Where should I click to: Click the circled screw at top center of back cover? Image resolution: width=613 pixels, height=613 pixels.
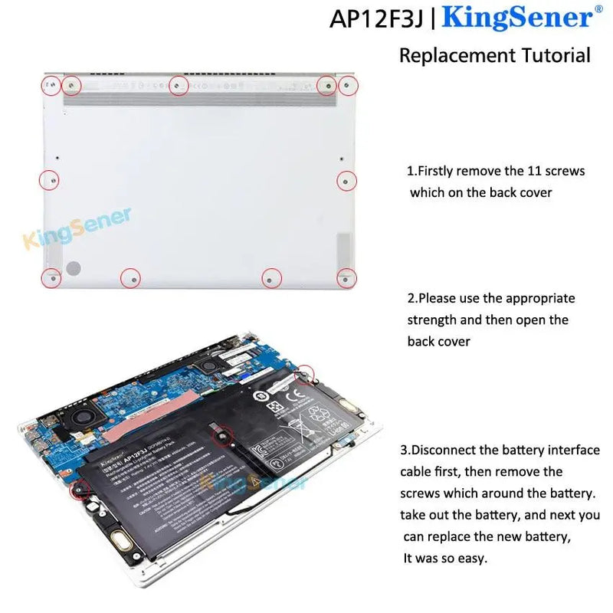click(x=178, y=86)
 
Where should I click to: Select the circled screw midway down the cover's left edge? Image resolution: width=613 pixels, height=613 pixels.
click(x=49, y=180)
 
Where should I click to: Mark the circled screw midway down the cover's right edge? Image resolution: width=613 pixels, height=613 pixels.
click(x=346, y=181)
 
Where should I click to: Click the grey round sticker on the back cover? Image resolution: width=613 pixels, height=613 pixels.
click(x=73, y=268)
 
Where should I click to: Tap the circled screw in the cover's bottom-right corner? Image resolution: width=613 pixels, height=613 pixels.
click(x=346, y=278)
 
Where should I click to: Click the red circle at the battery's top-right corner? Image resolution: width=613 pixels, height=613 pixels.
click(x=304, y=374)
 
